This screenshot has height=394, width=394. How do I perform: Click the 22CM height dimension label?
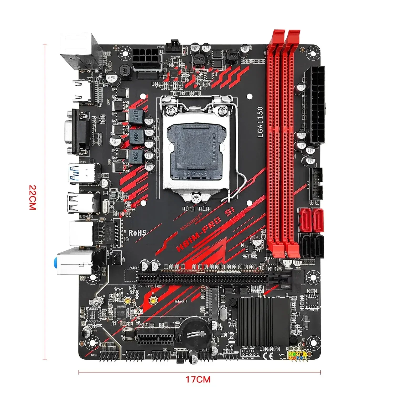(x=32, y=198)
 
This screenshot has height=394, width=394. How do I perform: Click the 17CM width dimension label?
(x=198, y=379)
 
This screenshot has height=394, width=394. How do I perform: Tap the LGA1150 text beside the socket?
(x=260, y=122)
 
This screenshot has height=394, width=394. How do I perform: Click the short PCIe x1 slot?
(x=155, y=336)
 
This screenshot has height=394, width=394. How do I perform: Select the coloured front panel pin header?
(x=297, y=355)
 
